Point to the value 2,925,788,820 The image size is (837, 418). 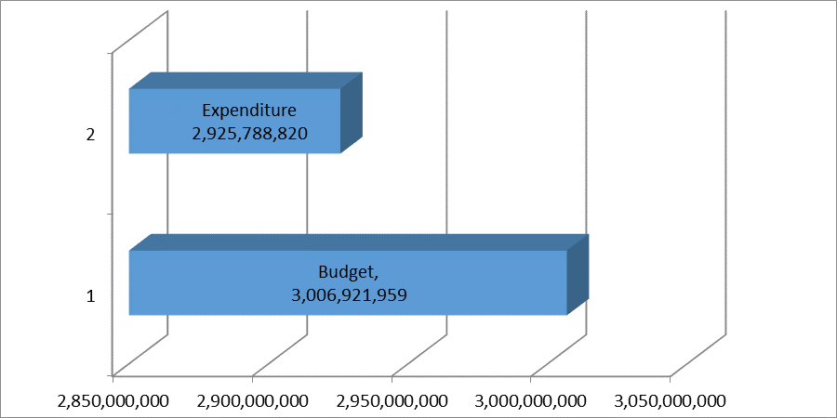click(249, 134)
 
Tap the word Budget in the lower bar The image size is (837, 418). click(347, 273)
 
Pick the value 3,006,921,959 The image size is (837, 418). click(348, 295)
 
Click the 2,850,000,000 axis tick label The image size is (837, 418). click(113, 401)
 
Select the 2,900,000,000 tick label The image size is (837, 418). click(252, 401)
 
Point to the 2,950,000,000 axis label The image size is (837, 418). click(392, 401)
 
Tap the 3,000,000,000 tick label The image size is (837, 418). click(530, 401)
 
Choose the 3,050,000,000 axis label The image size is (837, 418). click(670, 401)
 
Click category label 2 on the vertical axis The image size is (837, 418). click(90, 135)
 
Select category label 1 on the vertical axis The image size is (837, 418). click(90, 297)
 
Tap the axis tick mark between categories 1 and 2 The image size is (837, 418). click(111, 215)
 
